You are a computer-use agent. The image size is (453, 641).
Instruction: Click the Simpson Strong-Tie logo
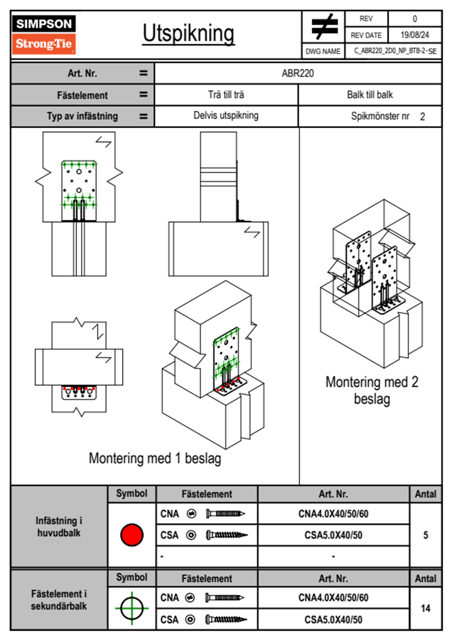coord(44,35)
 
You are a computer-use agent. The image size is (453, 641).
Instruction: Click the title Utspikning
coord(188,34)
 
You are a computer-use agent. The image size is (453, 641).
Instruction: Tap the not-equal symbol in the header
coord(324,27)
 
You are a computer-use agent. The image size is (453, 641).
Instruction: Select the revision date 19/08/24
coord(415,35)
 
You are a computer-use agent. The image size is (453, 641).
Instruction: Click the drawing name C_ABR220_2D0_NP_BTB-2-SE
coord(395,51)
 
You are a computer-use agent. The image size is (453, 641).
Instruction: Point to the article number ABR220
coord(298,74)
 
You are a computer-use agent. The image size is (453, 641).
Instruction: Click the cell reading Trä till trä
coord(226,95)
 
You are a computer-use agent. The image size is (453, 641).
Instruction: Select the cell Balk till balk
coord(370,95)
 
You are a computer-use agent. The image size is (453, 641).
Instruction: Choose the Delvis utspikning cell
coord(226,115)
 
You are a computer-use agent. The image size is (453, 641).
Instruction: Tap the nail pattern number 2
coord(423,117)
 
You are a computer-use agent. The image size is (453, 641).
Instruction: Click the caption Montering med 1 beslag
coord(155,458)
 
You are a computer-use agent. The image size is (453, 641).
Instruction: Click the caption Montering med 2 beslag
coord(372,390)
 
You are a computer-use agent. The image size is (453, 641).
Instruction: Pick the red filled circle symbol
coord(132,535)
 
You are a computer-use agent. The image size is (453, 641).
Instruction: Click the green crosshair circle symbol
coord(132,608)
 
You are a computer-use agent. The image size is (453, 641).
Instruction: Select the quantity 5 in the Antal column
coord(426,535)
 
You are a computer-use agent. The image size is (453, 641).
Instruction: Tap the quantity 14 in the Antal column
coord(426,608)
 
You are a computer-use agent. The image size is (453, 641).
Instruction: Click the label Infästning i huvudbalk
coord(59,527)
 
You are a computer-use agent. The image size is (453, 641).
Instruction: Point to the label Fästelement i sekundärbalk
coord(59,600)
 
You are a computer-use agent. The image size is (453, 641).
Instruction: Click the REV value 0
coord(415,19)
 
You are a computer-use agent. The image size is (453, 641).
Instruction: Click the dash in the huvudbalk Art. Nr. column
coord(333,556)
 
